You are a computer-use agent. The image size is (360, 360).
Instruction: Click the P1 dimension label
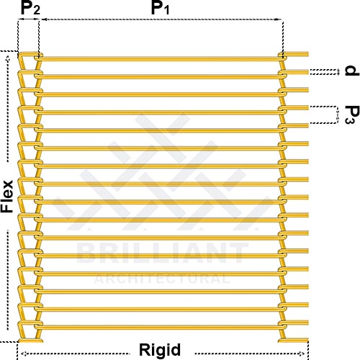tap(160, 8)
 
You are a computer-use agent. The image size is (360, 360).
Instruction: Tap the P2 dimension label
tap(30, 8)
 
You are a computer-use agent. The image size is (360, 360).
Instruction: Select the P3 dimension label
tap(352, 114)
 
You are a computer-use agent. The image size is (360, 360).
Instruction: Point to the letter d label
tap(352, 71)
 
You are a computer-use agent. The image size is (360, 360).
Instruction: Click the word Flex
tap(7, 196)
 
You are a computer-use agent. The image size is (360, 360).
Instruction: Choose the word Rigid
tap(160, 350)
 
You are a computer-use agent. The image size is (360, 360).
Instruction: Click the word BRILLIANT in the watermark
tap(163, 253)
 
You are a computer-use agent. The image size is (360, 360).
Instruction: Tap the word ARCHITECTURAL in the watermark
tap(162, 279)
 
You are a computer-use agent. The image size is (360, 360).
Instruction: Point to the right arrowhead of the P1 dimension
tap(279, 19)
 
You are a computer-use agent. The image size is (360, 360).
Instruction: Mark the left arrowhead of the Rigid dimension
tap(24, 354)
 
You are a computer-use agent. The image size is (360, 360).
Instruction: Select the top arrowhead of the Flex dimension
tap(8, 58)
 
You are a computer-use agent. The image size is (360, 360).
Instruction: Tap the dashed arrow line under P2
tap(29, 19)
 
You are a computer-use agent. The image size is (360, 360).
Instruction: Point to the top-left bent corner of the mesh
tap(20, 55)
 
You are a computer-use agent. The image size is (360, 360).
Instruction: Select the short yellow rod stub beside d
tap(297, 72)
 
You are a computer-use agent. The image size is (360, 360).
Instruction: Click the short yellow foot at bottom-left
tap(31, 341)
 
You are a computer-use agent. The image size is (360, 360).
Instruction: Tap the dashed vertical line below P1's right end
tap(283, 40)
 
